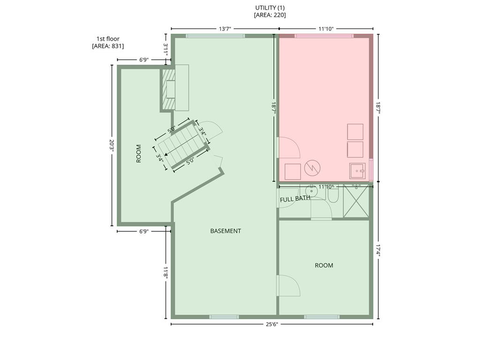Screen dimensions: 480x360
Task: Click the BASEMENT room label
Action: point(225,231)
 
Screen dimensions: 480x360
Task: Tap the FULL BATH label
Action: point(295,199)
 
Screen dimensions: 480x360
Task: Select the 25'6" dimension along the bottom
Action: point(271,324)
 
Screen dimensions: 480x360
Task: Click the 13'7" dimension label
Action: point(225,29)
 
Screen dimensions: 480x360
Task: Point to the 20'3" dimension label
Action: point(112,146)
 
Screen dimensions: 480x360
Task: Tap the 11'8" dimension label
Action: point(165,272)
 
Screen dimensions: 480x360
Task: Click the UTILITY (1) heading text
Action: point(270,8)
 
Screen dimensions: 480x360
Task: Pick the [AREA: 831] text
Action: point(108,46)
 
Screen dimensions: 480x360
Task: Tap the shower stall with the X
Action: point(356,201)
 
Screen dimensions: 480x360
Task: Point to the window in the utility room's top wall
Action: point(324,36)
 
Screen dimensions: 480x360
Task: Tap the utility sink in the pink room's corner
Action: point(357,171)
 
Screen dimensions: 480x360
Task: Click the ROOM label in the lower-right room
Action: point(324,265)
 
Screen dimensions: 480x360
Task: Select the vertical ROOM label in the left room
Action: point(139,154)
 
